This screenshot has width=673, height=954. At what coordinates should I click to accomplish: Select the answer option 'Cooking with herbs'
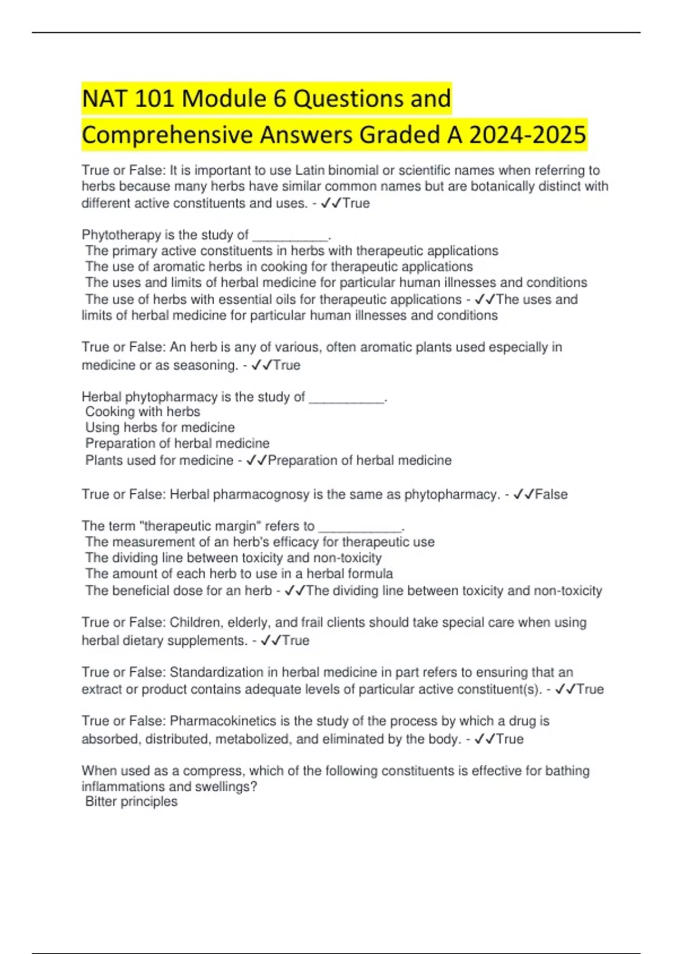point(142,411)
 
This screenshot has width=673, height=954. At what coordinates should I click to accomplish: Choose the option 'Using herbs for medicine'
point(160,427)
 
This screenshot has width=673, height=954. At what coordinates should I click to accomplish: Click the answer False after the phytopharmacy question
point(551,494)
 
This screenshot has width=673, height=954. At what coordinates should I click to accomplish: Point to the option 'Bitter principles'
point(131,801)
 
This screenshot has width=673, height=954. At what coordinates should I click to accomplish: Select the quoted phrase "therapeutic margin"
point(199,526)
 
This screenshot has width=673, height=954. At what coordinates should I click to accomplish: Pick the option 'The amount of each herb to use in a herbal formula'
point(239,574)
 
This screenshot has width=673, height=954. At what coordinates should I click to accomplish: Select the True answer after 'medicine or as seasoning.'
point(287,365)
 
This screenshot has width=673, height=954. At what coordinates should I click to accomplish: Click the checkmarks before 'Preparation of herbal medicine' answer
point(257,461)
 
